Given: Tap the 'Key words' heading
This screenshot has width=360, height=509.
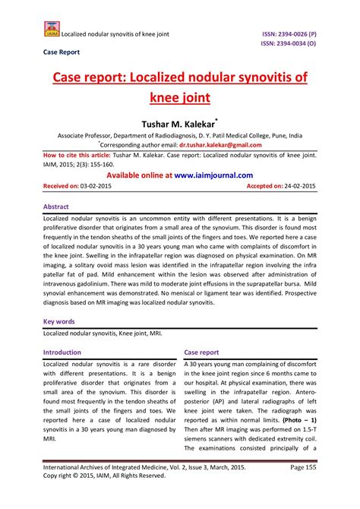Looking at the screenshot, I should (60, 321).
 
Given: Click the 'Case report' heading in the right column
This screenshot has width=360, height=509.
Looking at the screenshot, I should (202, 353).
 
